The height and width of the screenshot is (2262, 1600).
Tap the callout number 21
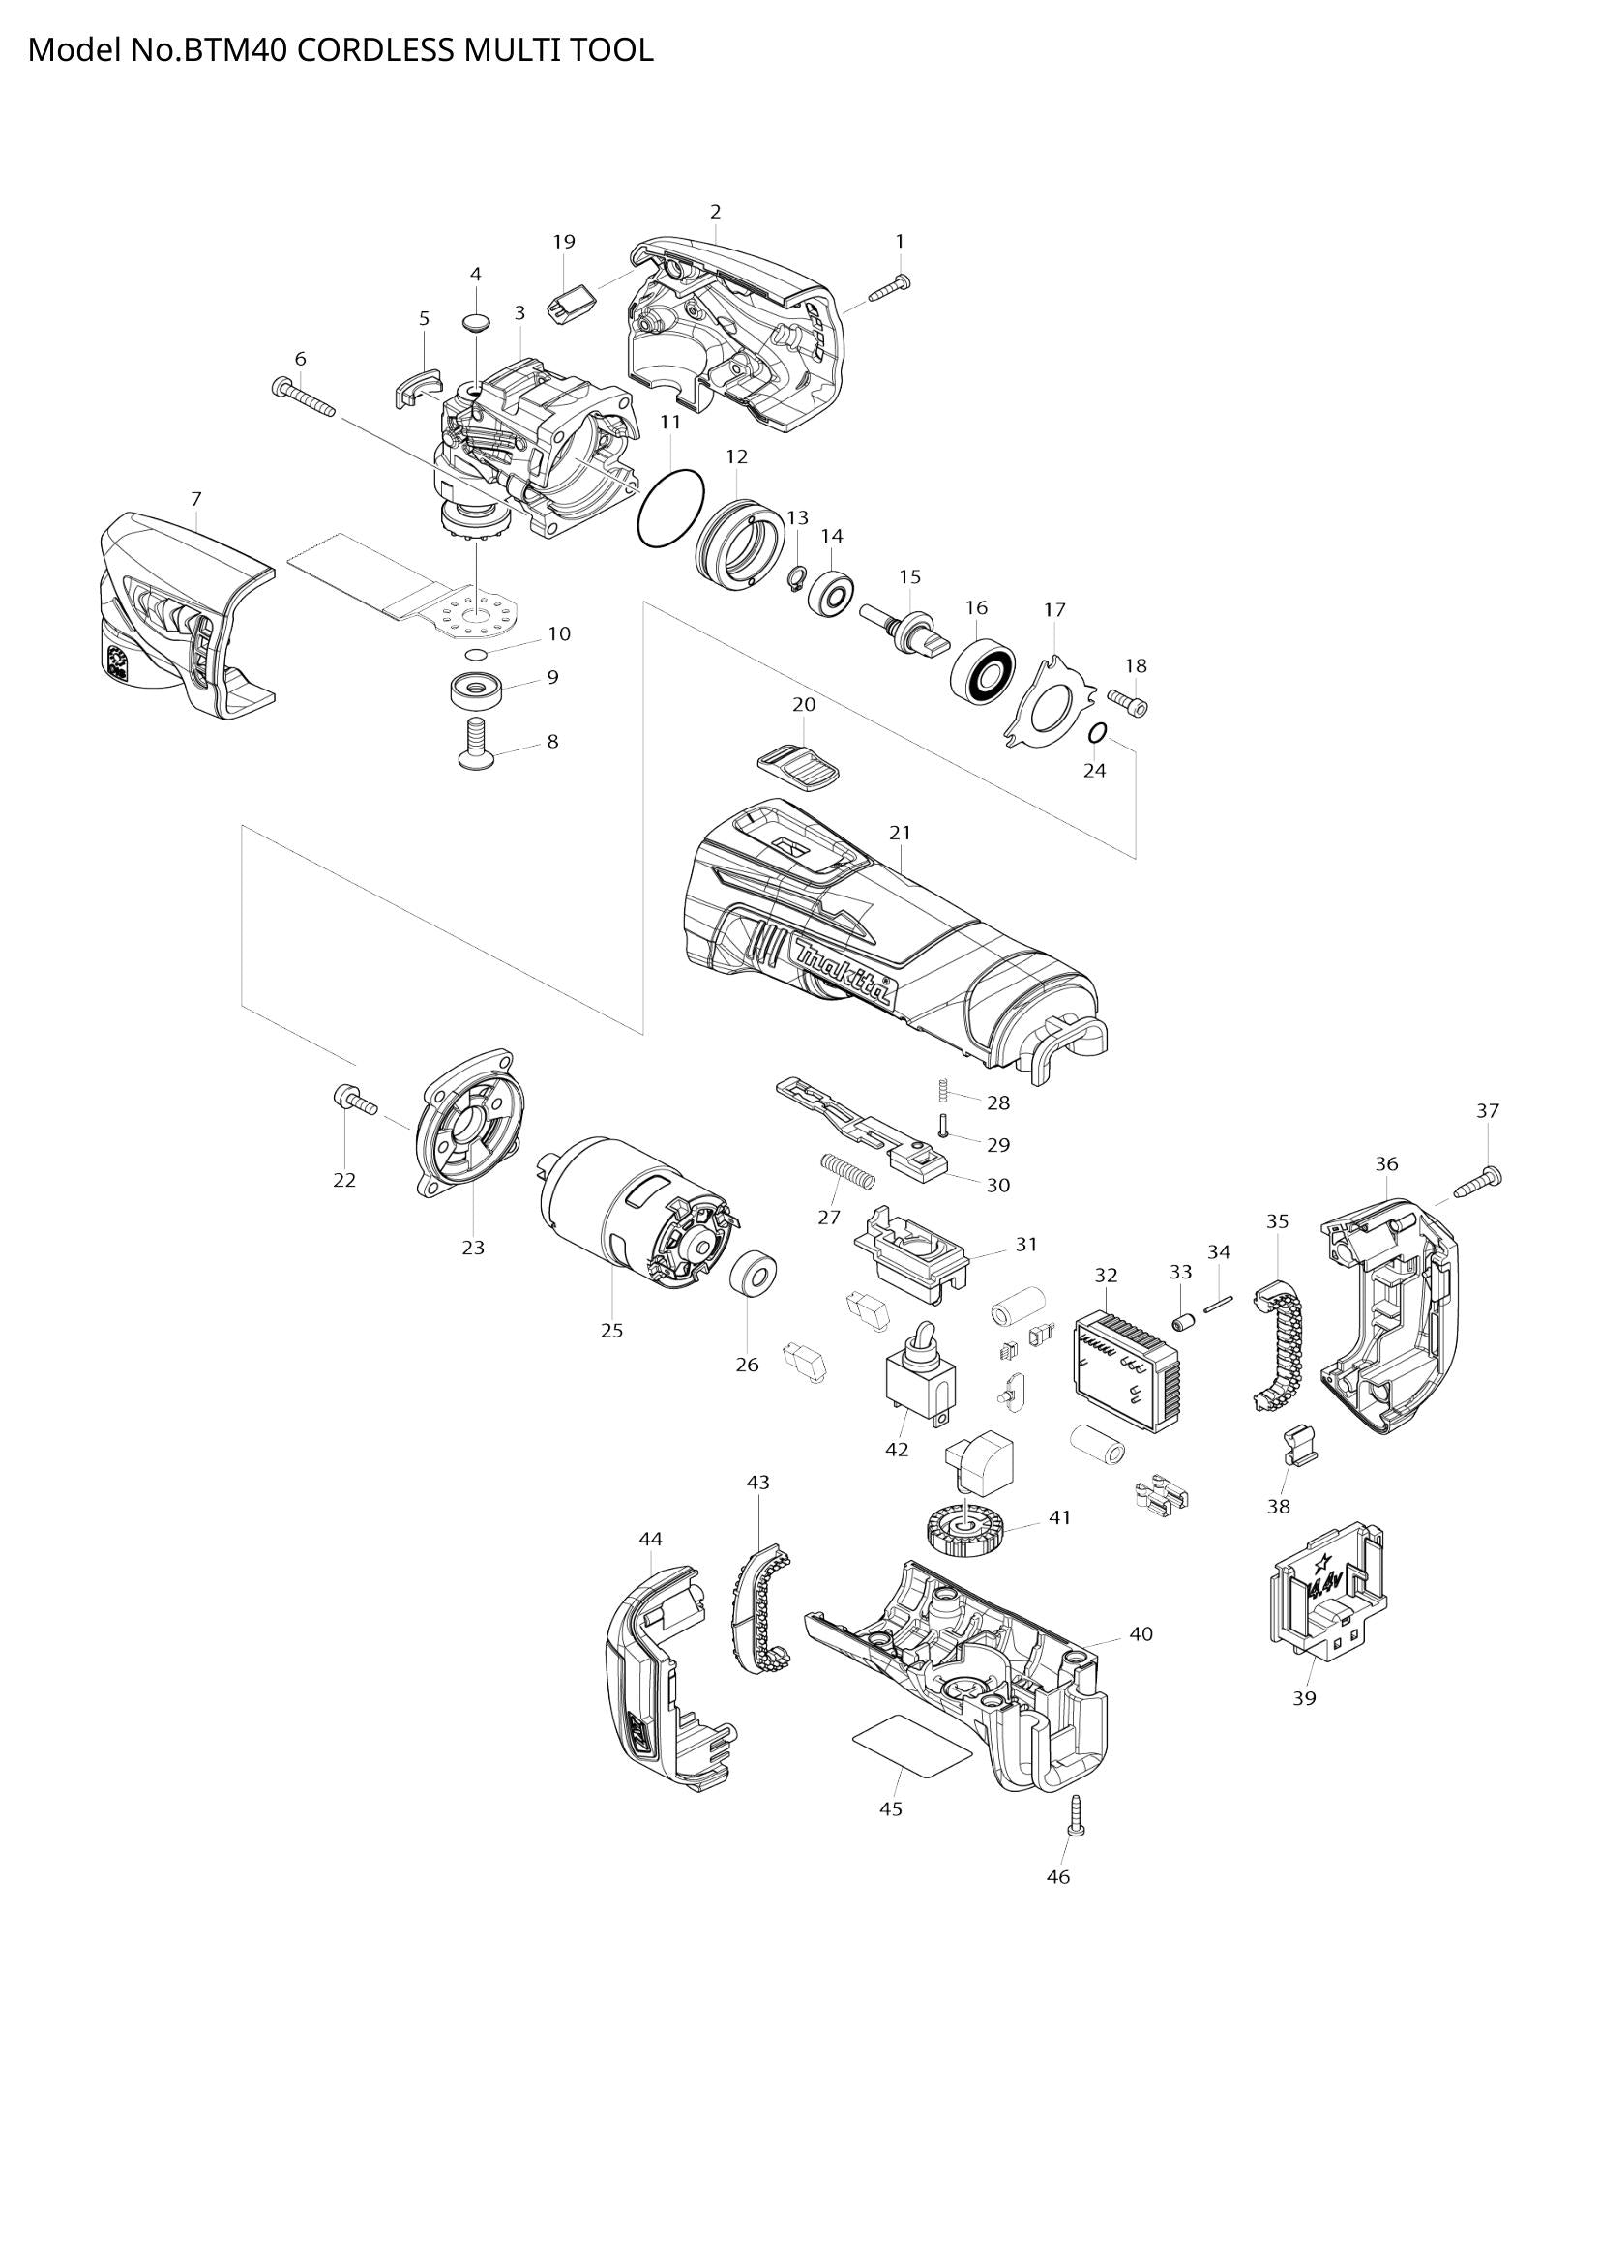pos(900,833)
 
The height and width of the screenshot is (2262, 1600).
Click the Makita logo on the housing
pos(845,970)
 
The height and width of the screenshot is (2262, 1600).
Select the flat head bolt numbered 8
pos(477,742)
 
